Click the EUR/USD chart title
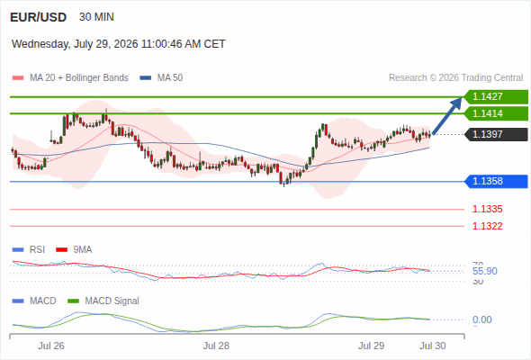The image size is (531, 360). [x=39, y=17]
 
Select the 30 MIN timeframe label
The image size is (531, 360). [x=96, y=17]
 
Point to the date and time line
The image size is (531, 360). [x=119, y=44]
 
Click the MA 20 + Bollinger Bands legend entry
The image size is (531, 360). [x=70, y=78]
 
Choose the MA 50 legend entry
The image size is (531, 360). [x=161, y=78]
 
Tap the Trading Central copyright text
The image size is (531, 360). [x=455, y=78]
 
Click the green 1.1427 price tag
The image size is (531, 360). [x=496, y=97]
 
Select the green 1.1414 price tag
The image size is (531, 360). [x=496, y=113]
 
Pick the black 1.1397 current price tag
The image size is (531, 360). [x=496, y=134]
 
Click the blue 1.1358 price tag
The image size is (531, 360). [x=496, y=181]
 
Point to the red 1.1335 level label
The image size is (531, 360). [x=487, y=209]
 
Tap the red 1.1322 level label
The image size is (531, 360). [x=487, y=226]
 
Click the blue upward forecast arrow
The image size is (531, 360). [x=447, y=116]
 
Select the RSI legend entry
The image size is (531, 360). [x=29, y=249]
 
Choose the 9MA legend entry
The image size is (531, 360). [x=74, y=249]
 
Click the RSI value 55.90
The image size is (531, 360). [x=485, y=271]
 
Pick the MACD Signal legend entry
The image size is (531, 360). [x=103, y=301]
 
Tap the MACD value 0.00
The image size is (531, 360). [x=481, y=319]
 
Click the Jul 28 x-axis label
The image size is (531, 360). [x=216, y=346]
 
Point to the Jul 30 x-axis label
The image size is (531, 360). [x=433, y=346]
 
